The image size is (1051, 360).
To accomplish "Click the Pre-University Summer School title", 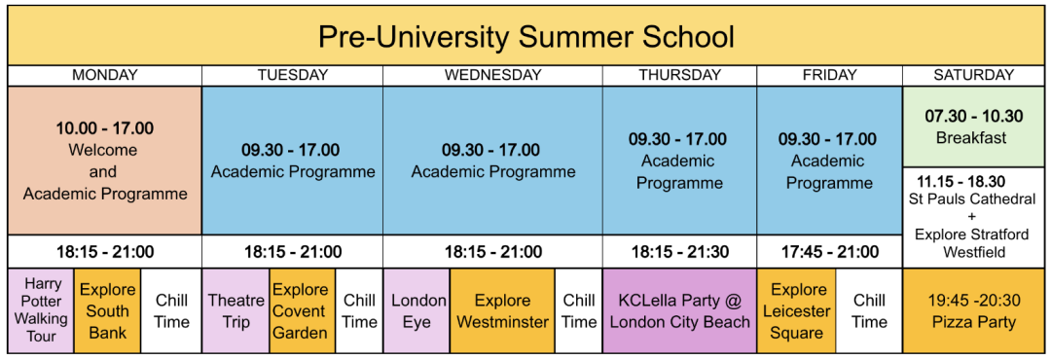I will [x=525, y=37].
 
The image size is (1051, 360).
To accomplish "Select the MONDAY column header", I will [x=105, y=75].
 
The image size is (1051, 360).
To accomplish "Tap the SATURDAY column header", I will [x=973, y=75].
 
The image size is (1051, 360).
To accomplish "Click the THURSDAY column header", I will [x=679, y=75].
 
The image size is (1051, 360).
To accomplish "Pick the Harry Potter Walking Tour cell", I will [x=41, y=310].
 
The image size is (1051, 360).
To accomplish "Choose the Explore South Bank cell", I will [x=107, y=310].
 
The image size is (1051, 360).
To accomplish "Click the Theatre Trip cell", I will [x=236, y=310].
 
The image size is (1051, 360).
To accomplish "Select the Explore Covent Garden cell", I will [x=300, y=310].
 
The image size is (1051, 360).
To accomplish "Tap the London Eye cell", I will [x=418, y=310].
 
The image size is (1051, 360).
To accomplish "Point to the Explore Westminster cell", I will [x=502, y=310].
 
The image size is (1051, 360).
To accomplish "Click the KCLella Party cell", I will [x=679, y=310].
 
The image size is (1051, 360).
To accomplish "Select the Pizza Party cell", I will [x=973, y=310].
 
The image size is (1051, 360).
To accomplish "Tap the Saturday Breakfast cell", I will [x=973, y=126].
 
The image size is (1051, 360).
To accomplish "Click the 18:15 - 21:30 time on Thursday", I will [x=679, y=252].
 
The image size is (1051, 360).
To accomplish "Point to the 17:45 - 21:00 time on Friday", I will [x=830, y=252].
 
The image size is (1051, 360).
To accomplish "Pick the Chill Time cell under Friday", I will [x=869, y=310].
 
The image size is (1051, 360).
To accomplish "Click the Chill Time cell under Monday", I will [x=171, y=310].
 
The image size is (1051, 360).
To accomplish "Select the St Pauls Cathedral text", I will [x=973, y=199].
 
